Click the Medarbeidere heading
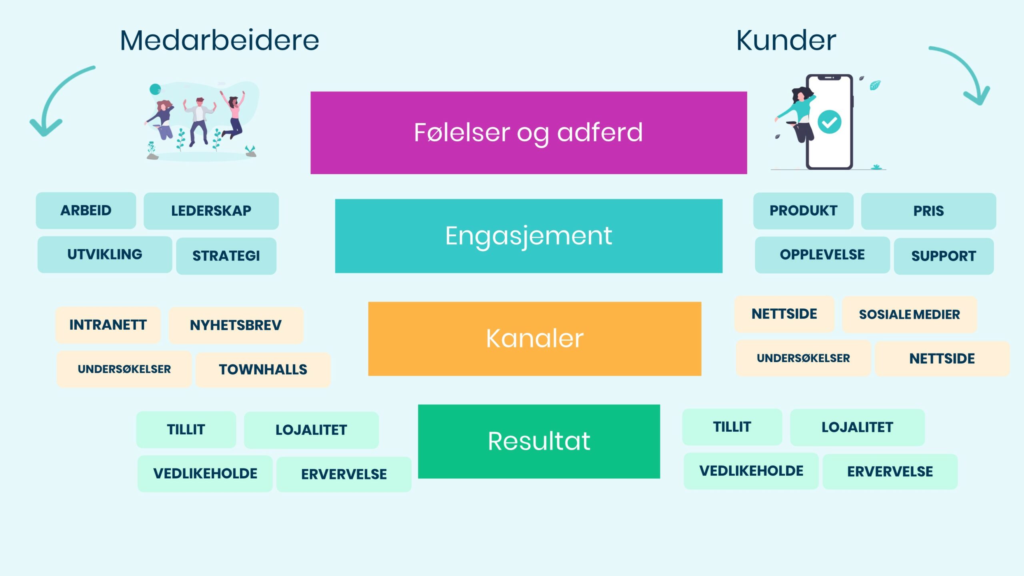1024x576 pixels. [219, 40]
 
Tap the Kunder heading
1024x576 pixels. [786, 40]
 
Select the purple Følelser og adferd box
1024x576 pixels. [528, 133]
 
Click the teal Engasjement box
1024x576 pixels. [528, 236]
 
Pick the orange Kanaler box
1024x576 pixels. [534, 339]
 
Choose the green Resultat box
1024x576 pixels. [539, 441]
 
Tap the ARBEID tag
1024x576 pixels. [86, 211]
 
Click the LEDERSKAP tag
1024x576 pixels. [211, 211]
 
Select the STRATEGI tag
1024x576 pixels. [226, 256]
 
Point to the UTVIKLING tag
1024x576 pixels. [105, 255]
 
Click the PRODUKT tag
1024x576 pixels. [803, 211]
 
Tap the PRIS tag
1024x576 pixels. [928, 211]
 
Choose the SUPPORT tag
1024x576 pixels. [944, 256]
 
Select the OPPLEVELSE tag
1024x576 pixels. [822, 255]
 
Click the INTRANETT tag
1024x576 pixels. [108, 325]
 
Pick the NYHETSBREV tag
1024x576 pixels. [236, 326]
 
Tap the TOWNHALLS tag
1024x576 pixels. [263, 370]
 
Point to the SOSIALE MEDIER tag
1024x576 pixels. [909, 315]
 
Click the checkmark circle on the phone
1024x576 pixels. [829, 122]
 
